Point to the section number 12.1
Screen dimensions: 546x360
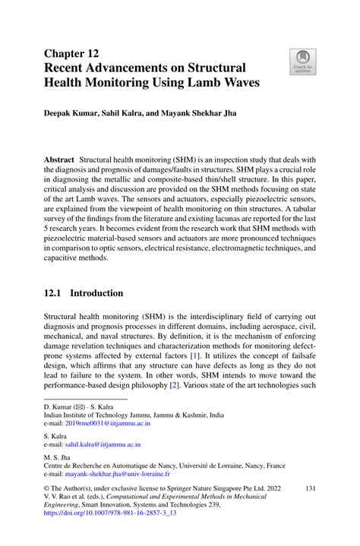(55, 293)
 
